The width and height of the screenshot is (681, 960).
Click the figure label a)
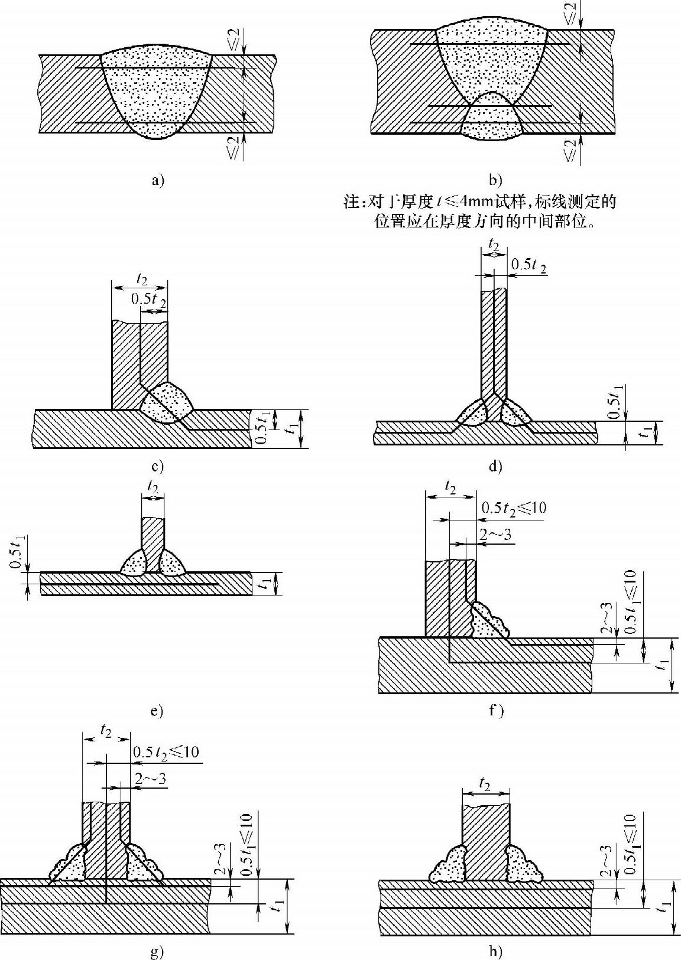click(x=157, y=181)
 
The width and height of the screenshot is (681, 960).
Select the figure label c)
click(x=157, y=467)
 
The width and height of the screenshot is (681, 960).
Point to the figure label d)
click(x=495, y=467)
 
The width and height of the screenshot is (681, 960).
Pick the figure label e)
click(x=157, y=711)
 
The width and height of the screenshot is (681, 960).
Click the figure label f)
click(x=495, y=710)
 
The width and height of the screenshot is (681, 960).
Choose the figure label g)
click(x=157, y=952)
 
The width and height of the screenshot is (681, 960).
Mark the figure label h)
click(x=495, y=952)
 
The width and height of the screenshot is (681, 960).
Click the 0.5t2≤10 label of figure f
click(x=513, y=507)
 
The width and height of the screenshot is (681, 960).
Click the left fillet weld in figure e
click(x=136, y=562)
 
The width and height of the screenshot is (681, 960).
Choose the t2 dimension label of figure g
click(x=106, y=731)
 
